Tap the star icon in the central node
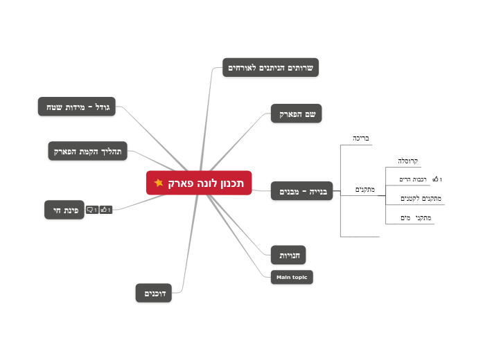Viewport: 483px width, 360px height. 159,183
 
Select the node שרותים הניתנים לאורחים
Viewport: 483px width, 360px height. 271,67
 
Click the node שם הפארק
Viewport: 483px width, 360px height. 297,114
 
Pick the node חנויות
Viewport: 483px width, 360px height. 288,255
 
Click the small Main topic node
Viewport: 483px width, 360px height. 292,277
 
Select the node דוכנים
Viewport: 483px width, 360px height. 154,294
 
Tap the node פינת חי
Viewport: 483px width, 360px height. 64,210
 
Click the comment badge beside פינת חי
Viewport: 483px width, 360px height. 91,210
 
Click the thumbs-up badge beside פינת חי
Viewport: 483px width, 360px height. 105,210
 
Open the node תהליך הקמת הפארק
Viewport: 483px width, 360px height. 88,151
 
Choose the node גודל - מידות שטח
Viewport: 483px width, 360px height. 78,107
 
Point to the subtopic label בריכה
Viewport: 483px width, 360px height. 360,138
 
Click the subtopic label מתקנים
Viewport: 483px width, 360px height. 365,189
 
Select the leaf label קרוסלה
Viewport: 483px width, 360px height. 407,161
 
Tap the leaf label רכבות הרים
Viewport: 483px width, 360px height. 414,180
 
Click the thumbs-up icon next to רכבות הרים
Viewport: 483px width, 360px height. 436,180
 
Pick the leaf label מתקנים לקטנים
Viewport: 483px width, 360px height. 421,199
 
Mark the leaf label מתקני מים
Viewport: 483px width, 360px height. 416,218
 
